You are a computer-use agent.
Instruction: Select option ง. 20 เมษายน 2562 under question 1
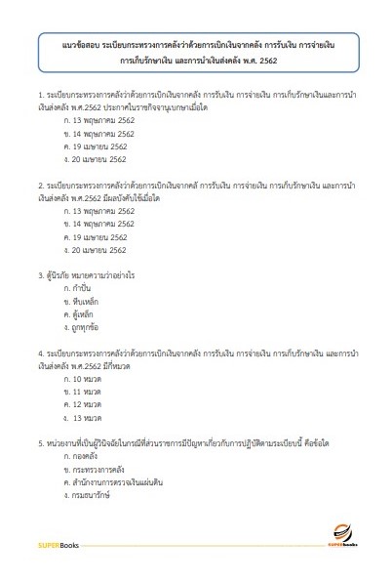(96, 157)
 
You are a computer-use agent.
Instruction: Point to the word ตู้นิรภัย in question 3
(53, 274)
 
